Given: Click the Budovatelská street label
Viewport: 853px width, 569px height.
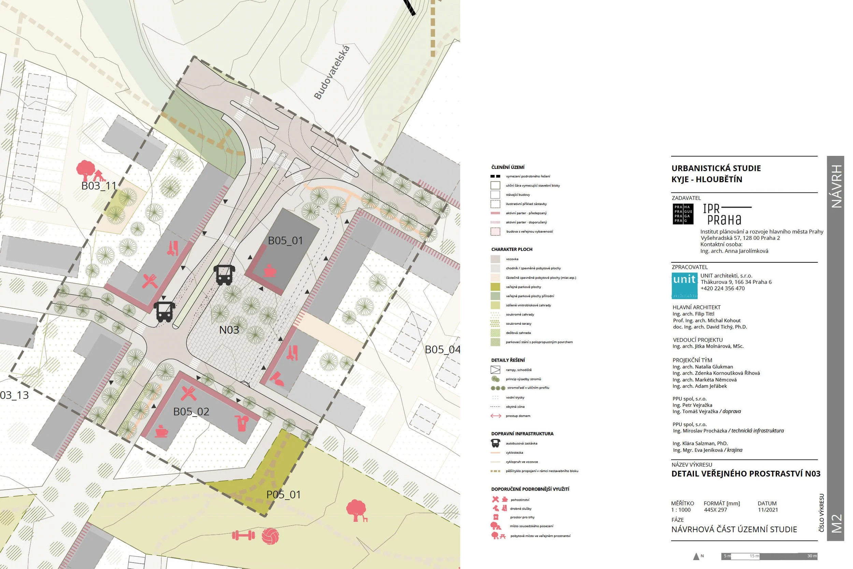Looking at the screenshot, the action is (332, 73).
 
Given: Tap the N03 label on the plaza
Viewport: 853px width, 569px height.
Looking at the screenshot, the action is (229, 330).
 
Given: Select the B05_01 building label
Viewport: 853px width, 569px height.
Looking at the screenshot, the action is (285, 240).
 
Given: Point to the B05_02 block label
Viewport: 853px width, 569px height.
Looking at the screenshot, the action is (191, 411).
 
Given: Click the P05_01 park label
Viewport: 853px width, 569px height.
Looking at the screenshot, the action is (284, 495).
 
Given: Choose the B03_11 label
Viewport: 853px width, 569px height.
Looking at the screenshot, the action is (99, 186).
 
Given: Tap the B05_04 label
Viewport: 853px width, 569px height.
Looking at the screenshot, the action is (442, 349).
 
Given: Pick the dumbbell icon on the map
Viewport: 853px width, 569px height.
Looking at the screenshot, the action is (243, 535).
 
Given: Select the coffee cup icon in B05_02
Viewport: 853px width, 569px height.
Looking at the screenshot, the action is (161, 431).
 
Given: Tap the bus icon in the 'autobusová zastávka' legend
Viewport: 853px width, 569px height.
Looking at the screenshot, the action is (495, 443).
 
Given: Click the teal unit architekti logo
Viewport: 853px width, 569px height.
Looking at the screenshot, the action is (684, 286).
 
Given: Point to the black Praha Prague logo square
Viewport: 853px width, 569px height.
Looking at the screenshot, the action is (683, 214).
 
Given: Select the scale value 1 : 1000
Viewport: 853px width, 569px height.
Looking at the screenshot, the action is (681, 510).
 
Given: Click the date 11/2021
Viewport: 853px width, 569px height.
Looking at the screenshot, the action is (767, 510).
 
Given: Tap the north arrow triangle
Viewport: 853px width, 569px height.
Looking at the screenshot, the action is (696, 556).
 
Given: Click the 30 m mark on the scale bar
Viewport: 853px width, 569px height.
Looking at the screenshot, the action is (812, 556).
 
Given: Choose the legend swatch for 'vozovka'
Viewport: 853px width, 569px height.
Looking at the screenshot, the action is (495, 259).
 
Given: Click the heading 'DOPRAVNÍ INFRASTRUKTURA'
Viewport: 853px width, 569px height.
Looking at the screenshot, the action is (522, 434).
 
